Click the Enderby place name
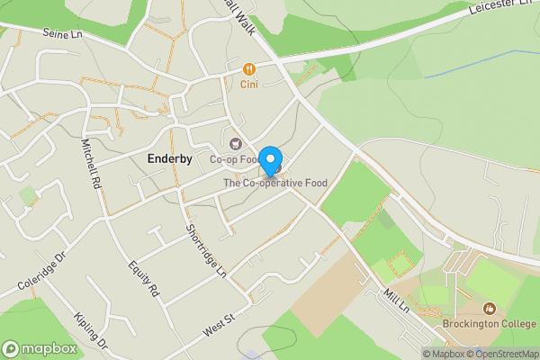(x=169, y=158)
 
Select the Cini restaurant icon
(x=249, y=68)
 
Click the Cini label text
(x=249, y=85)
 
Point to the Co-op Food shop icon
(x=236, y=143)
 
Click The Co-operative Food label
(x=275, y=183)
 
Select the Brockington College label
(x=489, y=324)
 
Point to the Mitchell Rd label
(x=91, y=162)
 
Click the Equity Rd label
(x=143, y=279)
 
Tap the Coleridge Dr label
(x=42, y=271)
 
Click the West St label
(x=218, y=325)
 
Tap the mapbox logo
(x=40, y=348)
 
